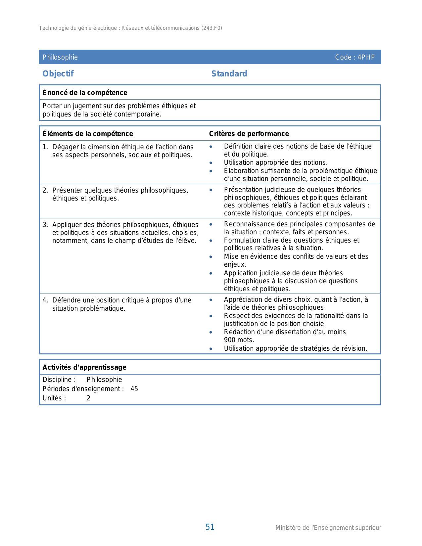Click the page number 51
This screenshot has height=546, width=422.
(x=210, y=527)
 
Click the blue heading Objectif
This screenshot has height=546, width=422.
(x=58, y=73)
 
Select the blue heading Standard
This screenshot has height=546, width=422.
(x=229, y=73)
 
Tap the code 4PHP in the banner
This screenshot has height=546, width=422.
(x=366, y=57)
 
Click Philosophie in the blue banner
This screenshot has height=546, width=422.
(x=60, y=57)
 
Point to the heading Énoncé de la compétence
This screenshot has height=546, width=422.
(x=85, y=93)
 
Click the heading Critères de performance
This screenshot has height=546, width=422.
(x=249, y=134)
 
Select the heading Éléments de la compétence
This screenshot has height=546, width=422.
(x=88, y=134)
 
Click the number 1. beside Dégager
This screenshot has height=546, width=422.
(x=45, y=147)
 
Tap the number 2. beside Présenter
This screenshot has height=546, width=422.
(x=45, y=190)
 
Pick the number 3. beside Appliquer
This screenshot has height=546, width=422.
(x=45, y=225)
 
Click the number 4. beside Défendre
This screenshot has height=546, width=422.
(x=45, y=300)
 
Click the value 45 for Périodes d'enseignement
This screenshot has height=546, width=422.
(x=134, y=389)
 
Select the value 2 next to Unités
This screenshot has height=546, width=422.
(x=88, y=398)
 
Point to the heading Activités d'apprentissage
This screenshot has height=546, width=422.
(x=84, y=367)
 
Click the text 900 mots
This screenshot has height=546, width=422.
(x=239, y=340)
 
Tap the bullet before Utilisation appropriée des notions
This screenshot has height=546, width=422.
(x=211, y=163)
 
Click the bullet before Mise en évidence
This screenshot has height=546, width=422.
(x=211, y=257)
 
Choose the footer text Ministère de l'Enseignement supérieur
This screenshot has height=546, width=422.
(x=328, y=528)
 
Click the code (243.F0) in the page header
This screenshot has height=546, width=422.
(x=211, y=28)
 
